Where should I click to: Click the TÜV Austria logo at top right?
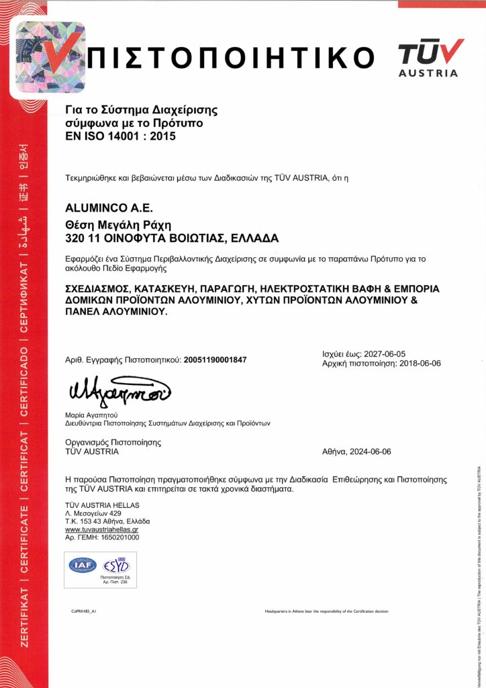pos(430,58)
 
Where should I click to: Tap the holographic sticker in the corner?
pos(51,57)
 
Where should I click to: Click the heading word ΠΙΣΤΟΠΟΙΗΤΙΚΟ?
pos(232,57)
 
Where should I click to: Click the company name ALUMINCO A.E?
pos(100,209)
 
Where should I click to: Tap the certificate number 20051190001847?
pos(215,360)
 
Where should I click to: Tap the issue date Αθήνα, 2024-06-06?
pos(356,451)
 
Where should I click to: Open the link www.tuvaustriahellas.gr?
pos(102,530)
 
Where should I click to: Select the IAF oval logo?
pos(83,565)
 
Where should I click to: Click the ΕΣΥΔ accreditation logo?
pos(117,564)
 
